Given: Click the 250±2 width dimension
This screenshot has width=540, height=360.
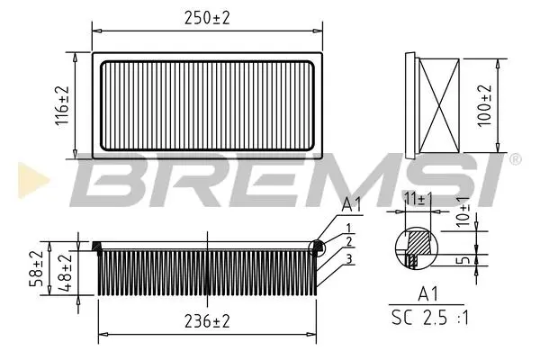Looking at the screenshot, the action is point(207,18).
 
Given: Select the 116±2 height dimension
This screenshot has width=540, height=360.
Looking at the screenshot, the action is point(62,106).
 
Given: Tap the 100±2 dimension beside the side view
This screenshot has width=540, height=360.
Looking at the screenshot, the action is point(485,105).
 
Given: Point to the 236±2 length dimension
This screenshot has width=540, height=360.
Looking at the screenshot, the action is point(207,322).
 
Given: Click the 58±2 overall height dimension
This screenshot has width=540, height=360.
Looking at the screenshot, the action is point(36,268).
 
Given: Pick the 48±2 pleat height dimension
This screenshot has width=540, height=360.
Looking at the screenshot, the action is point(65,272).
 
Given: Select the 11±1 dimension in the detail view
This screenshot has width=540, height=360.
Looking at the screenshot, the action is point(418,199).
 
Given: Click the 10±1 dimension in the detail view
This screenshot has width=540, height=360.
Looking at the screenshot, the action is point(463,211).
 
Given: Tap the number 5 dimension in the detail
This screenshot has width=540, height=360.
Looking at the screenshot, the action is point(465,259).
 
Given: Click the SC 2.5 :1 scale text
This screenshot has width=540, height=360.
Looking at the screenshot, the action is point(430,318).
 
